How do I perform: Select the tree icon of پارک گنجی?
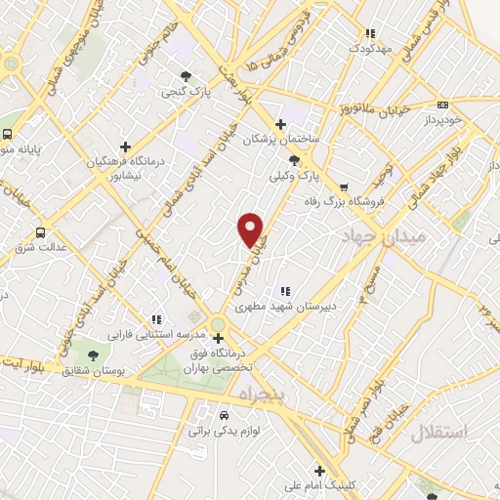pyautogui.click(x=185, y=74)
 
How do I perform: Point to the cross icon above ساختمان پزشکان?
pyautogui.click(x=281, y=124)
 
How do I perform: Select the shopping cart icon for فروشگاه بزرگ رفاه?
pyautogui.click(x=343, y=188)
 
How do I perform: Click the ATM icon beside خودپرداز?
pyautogui.click(x=442, y=104)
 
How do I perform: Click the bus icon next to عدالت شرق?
pyautogui.click(x=40, y=232)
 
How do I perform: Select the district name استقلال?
pyautogui.click(x=439, y=432)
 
